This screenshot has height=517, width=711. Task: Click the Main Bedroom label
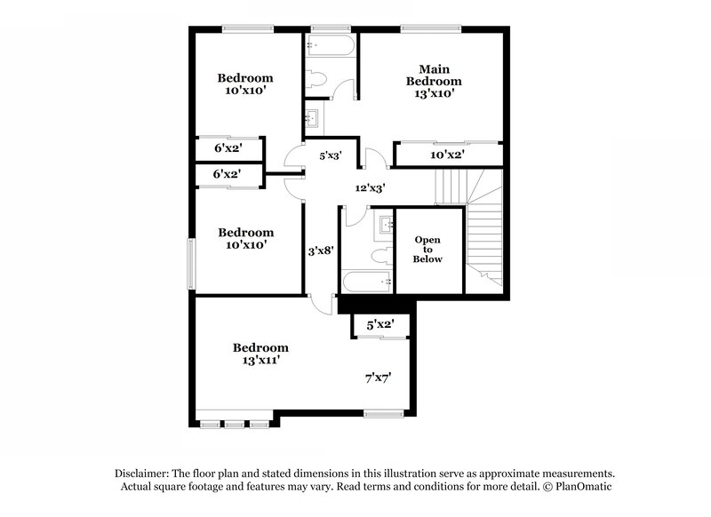(x=434, y=75)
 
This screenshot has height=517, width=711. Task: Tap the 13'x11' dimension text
(x=261, y=361)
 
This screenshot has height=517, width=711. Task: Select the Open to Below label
(x=427, y=250)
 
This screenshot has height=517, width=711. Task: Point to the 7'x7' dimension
(x=379, y=378)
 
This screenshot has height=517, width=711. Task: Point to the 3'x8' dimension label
(x=320, y=251)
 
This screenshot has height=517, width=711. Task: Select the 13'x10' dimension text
(x=434, y=92)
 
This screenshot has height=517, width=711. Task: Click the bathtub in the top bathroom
(x=331, y=45)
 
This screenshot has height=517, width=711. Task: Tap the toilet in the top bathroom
(x=319, y=79)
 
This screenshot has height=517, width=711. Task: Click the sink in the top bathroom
(x=313, y=116)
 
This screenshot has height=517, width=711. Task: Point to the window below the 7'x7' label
(x=385, y=412)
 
